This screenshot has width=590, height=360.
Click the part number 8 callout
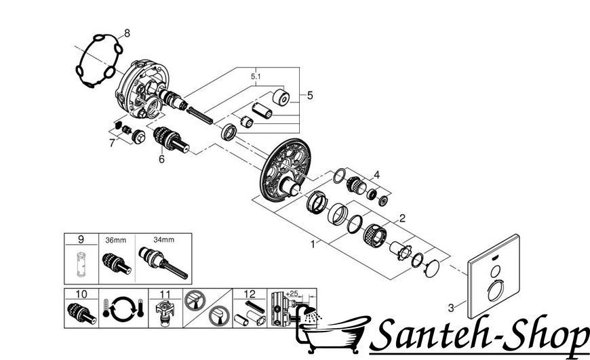click(x=127, y=33)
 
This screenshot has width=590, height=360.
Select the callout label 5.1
click(x=256, y=77)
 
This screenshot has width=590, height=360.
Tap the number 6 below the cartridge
click(x=161, y=159)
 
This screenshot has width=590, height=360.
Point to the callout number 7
click(x=112, y=143)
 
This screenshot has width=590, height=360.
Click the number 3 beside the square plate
click(x=451, y=308)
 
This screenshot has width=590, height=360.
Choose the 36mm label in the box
click(x=115, y=240)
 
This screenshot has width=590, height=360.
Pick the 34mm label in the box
click(x=163, y=239)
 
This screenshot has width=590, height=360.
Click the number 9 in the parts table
click(x=81, y=239)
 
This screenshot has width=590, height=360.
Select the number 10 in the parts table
click(x=81, y=294)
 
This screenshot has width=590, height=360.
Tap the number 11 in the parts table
click(x=165, y=294)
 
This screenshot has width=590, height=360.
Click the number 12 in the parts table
click(x=250, y=294)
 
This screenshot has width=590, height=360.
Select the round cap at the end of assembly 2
click(x=431, y=268)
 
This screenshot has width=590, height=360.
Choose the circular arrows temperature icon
click(x=123, y=308)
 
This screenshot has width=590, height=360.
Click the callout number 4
click(x=376, y=175)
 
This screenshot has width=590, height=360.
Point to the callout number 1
click(x=313, y=245)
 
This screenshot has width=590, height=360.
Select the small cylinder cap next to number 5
click(x=281, y=97)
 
